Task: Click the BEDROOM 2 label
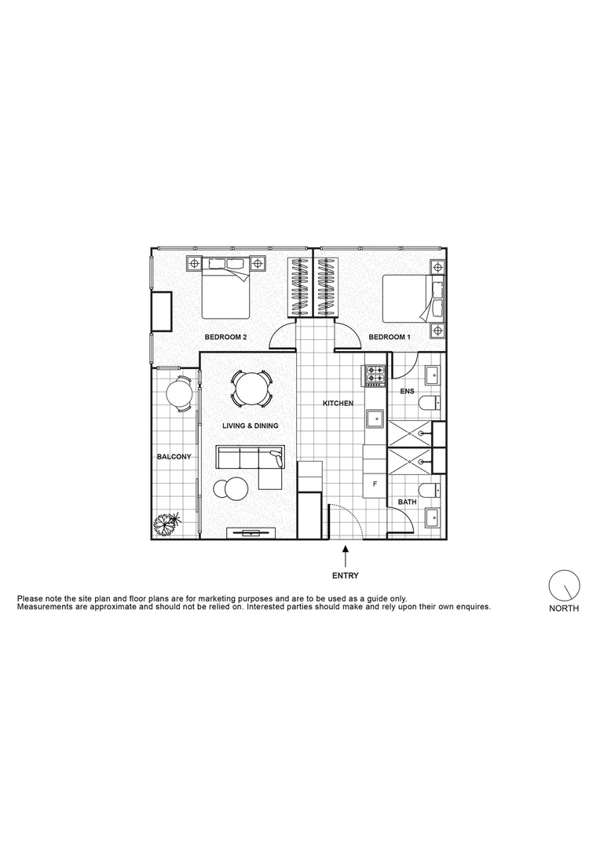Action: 226,337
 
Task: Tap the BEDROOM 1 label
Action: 390,337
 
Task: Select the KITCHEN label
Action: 338,404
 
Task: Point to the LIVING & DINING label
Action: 249,426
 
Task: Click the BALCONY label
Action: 174,457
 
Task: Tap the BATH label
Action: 407,501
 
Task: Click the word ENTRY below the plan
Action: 346,576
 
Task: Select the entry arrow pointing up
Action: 346,557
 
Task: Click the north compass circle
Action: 563,585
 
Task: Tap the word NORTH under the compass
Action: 563,609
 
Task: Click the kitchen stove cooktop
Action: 374,376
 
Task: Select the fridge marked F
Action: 375,484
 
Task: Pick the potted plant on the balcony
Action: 168,524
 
